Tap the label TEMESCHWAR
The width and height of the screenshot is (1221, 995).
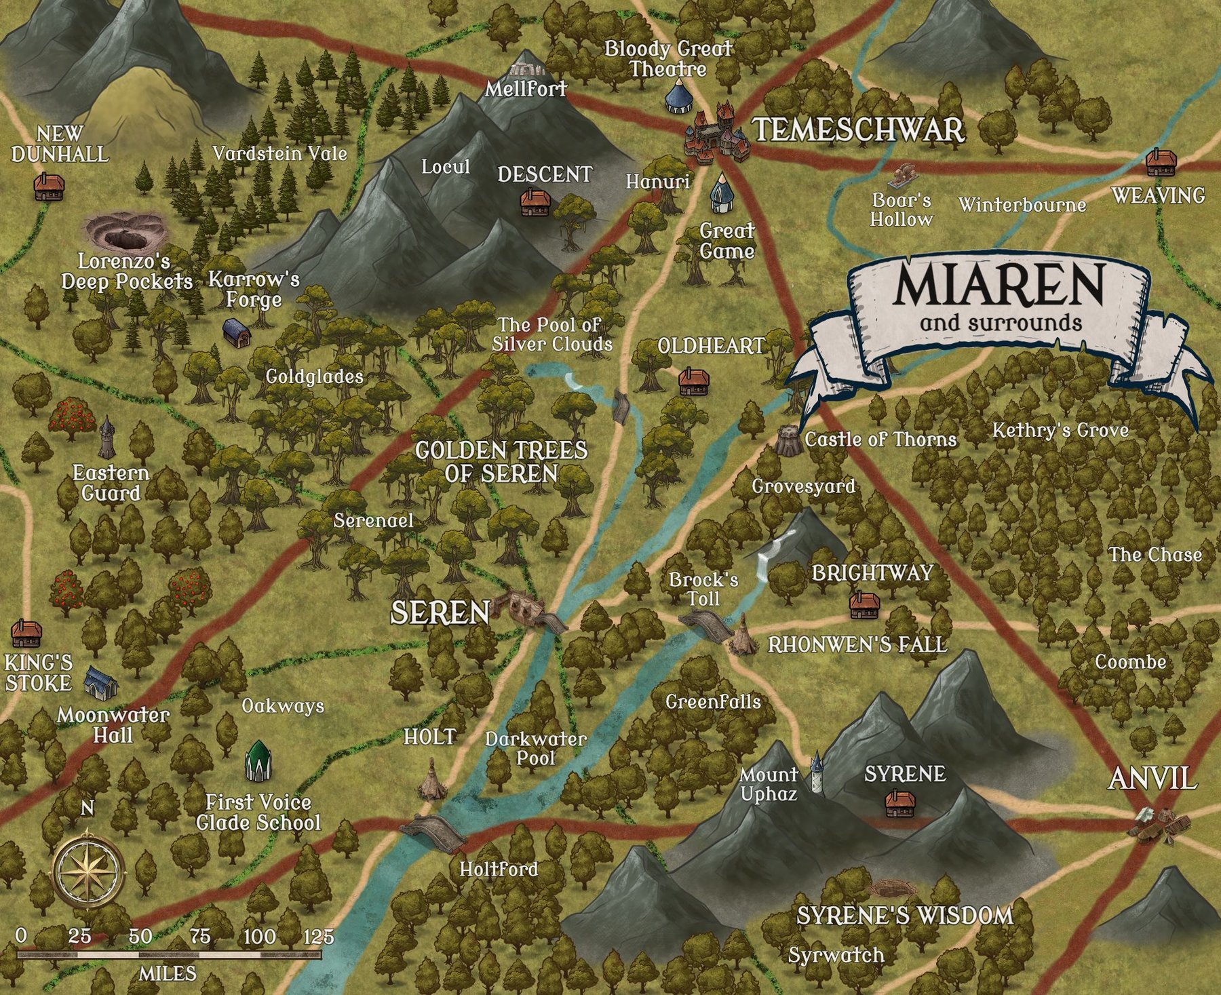(x=859, y=130)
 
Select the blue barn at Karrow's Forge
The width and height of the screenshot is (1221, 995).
(x=237, y=332)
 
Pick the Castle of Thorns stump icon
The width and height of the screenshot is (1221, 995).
(x=789, y=440)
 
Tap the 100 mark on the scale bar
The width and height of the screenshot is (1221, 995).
(x=260, y=937)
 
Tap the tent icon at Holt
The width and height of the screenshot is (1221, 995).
(x=431, y=780)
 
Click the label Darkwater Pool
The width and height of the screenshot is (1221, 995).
(x=536, y=748)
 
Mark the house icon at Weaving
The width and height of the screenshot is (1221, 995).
(x=1161, y=163)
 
